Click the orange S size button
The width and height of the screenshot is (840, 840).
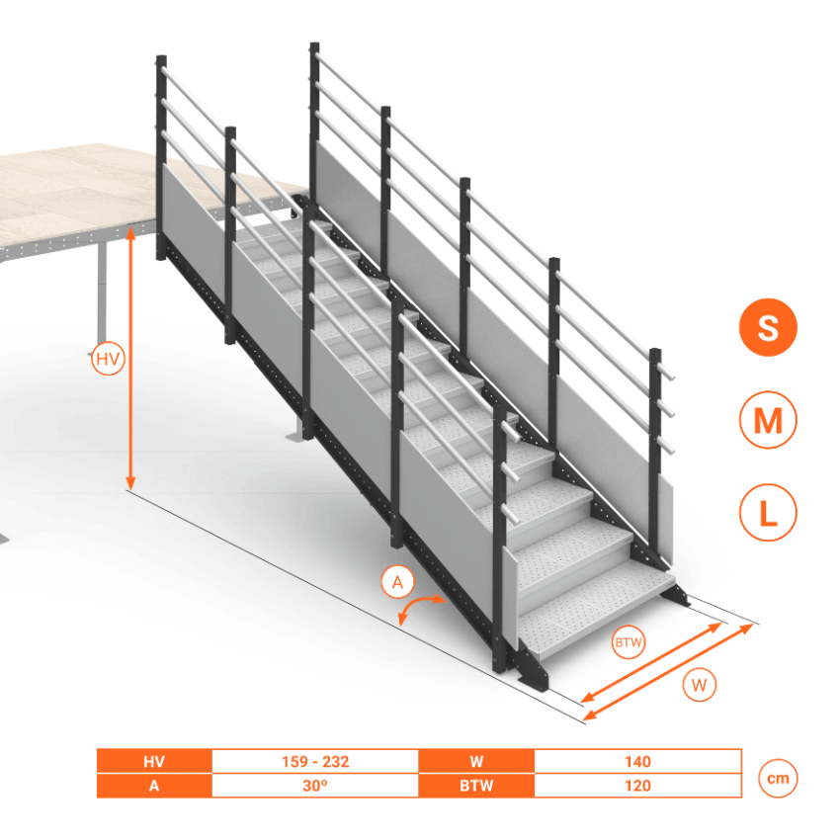coord(768,327)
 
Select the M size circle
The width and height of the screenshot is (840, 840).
coord(768,419)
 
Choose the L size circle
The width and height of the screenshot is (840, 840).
coord(768,512)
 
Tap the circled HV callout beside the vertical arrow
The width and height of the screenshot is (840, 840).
coord(109,359)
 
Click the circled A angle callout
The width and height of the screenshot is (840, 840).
coord(397,581)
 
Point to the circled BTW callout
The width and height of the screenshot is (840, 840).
coord(628,641)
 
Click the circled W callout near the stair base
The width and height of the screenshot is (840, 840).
coord(699,685)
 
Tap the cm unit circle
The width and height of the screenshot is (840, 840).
coord(778,778)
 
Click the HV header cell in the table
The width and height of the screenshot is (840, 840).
coord(154,761)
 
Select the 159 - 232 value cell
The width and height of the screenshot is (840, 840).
coord(315,761)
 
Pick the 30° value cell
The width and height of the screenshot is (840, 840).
coord(315,786)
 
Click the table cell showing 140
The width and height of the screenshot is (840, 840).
coord(637,761)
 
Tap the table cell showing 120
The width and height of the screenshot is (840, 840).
coord(637,786)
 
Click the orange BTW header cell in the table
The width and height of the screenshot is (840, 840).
coord(476,786)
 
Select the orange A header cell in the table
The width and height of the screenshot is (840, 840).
coord(154,786)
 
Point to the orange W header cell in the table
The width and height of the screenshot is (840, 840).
coord(476,761)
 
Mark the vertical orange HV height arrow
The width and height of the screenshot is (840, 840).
coord(130,359)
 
